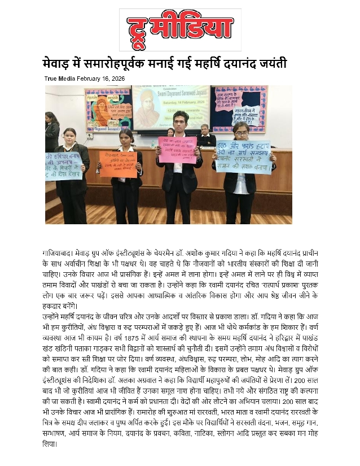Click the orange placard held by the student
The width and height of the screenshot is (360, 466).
pyautogui.click(x=118, y=164)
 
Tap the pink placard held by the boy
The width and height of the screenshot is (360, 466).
pyautogui.click(x=177, y=149)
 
